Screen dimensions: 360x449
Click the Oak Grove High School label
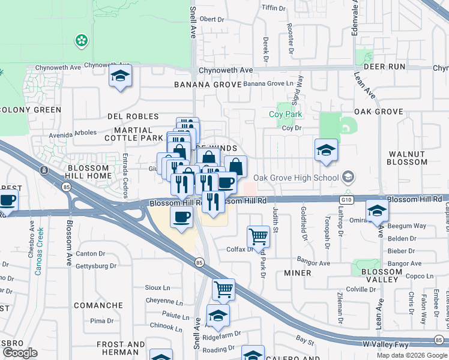point(296,178)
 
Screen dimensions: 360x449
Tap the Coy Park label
point(285,114)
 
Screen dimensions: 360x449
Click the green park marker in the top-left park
point(80,41)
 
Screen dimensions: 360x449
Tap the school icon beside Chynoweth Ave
point(120,77)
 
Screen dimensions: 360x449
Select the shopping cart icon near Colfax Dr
point(258,236)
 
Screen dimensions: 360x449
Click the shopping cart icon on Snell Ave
point(223,289)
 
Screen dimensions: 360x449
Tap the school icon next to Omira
point(377,211)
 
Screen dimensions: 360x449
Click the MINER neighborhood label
point(297,273)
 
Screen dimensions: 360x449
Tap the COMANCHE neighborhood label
point(98,305)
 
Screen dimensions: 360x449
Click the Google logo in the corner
point(20,353)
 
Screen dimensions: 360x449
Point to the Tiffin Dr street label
point(274,7)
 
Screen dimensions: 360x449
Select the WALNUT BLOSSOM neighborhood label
point(406,158)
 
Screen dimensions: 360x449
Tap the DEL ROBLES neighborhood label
point(133,116)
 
